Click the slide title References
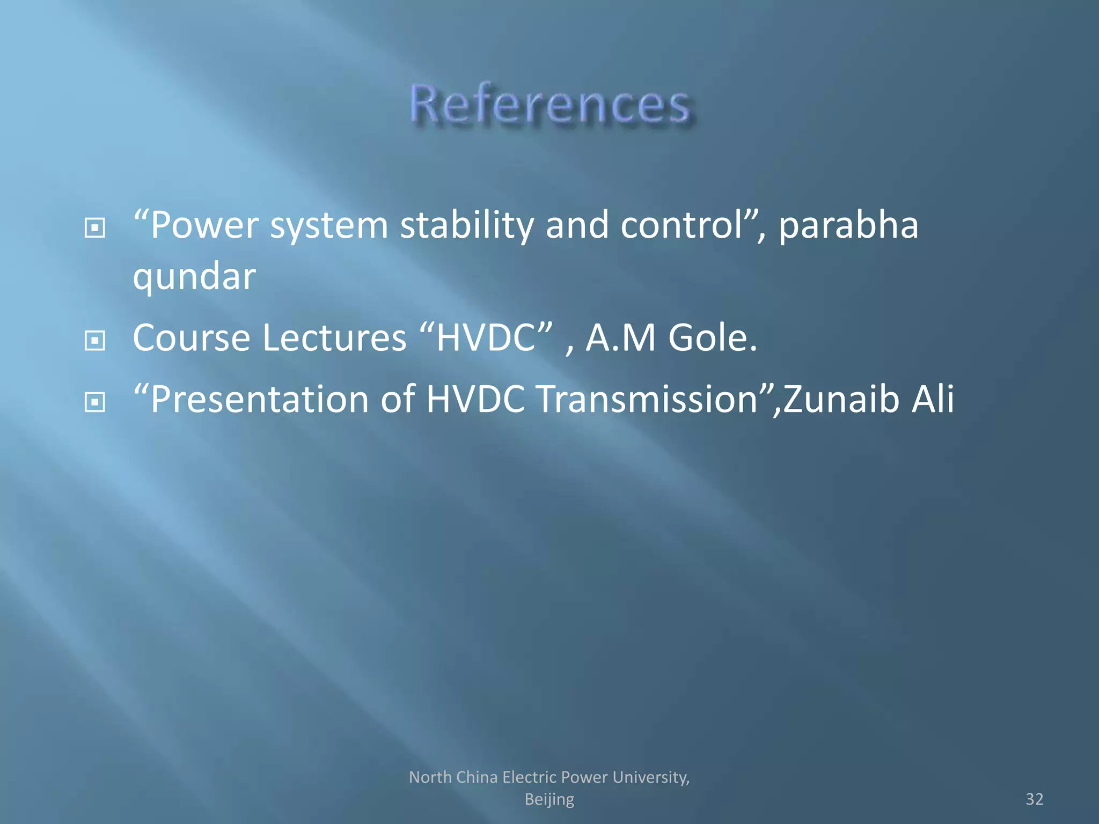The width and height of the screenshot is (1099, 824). [549, 105]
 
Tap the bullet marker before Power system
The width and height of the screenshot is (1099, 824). [95, 228]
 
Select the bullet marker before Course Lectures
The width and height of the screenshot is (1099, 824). [95, 340]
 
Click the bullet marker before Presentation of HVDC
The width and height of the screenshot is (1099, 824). [95, 402]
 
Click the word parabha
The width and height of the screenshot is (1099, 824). [848, 225]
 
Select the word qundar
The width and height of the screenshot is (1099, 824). [194, 277]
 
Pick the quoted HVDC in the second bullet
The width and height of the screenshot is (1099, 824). [486, 338]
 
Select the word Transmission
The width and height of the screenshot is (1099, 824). [647, 400]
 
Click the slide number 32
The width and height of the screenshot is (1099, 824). [1034, 799]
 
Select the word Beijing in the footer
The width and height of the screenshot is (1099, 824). [549, 799]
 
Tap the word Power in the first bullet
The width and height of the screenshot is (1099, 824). [204, 225]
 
